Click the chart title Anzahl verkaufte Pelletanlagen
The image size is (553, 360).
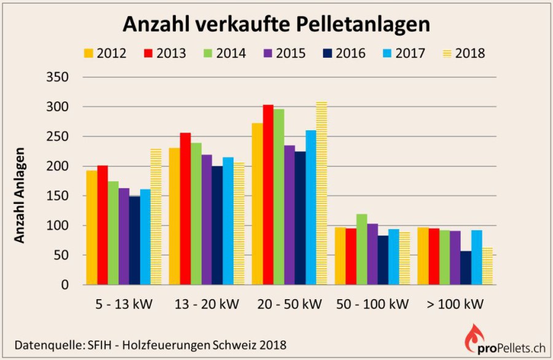[x=276, y=24]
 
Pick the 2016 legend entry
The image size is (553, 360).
[x=343, y=53]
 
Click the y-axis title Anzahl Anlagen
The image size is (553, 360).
[x=20, y=195]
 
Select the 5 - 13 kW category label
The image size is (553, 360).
[x=124, y=304]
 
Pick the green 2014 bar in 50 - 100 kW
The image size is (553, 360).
[x=362, y=249]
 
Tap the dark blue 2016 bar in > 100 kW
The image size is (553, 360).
[x=466, y=268]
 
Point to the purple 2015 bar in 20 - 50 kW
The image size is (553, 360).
[x=290, y=215]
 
